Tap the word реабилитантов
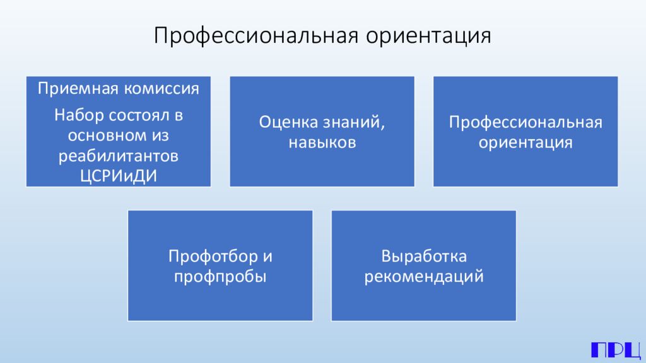pos(119,155)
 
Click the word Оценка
pos(287,122)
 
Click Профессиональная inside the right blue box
pos(526,122)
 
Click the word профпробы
pos(220,277)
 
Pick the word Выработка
pos(423,256)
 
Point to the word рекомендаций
pos(423,277)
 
